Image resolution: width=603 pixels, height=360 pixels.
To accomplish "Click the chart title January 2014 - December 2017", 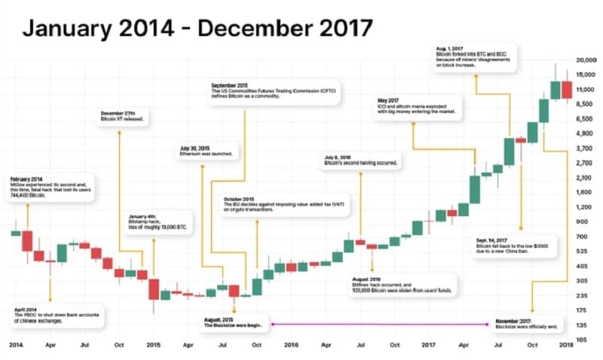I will tap(197, 29).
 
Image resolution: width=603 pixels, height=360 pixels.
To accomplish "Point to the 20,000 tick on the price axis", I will tap(586, 60).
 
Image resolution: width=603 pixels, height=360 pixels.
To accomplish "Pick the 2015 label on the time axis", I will tap(152, 345).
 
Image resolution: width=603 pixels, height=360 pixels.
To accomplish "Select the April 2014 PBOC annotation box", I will tap(57, 315).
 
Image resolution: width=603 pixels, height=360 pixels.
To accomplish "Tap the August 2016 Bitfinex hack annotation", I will tap(395, 284).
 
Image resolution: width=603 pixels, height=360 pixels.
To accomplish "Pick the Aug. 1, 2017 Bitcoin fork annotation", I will tap(475, 59).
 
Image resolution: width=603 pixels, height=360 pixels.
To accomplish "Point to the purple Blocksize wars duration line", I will tap(377, 324).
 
